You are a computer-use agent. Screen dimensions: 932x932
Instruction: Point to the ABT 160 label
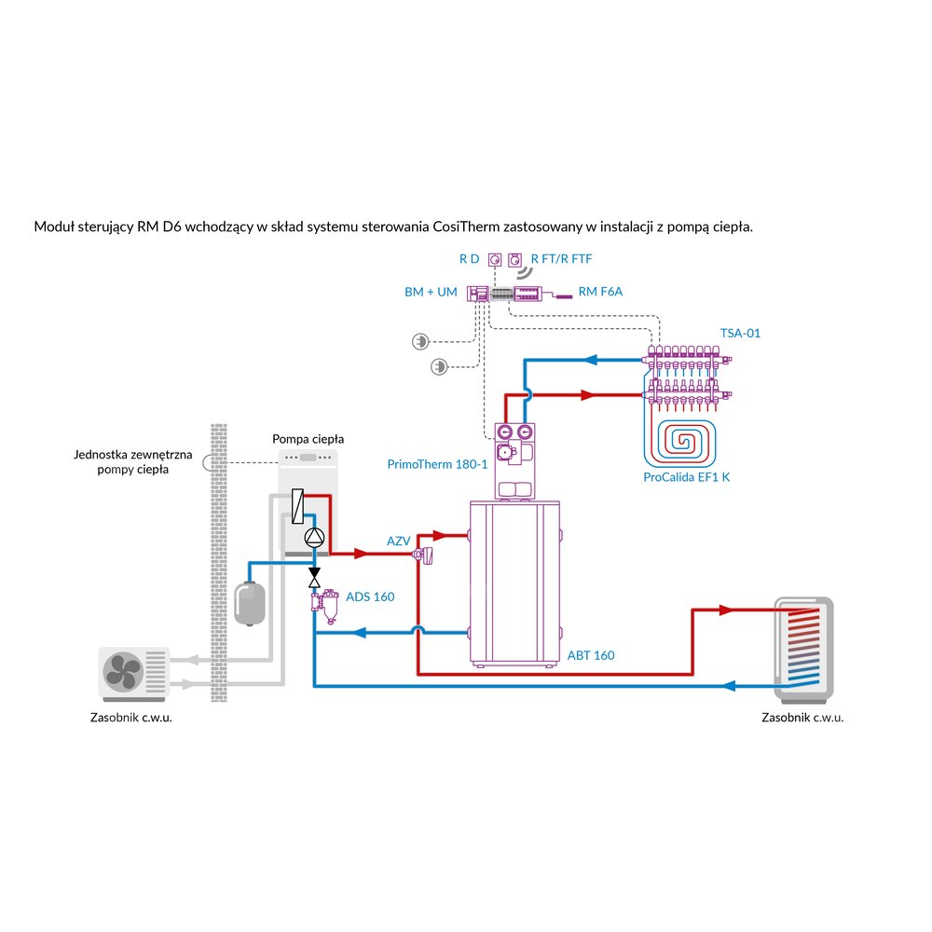(x=591, y=655)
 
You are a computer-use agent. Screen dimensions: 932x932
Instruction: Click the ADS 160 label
(x=370, y=596)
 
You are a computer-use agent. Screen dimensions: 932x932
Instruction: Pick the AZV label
(x=398, y=541)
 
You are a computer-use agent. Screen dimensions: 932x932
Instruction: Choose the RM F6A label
(x=600, y=292)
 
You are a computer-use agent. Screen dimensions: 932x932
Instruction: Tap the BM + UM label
(x=431, y=292)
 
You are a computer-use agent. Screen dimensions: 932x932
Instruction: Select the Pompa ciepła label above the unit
(x=308, y=438)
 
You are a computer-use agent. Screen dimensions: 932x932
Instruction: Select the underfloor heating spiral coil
(x=682, y=442)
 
